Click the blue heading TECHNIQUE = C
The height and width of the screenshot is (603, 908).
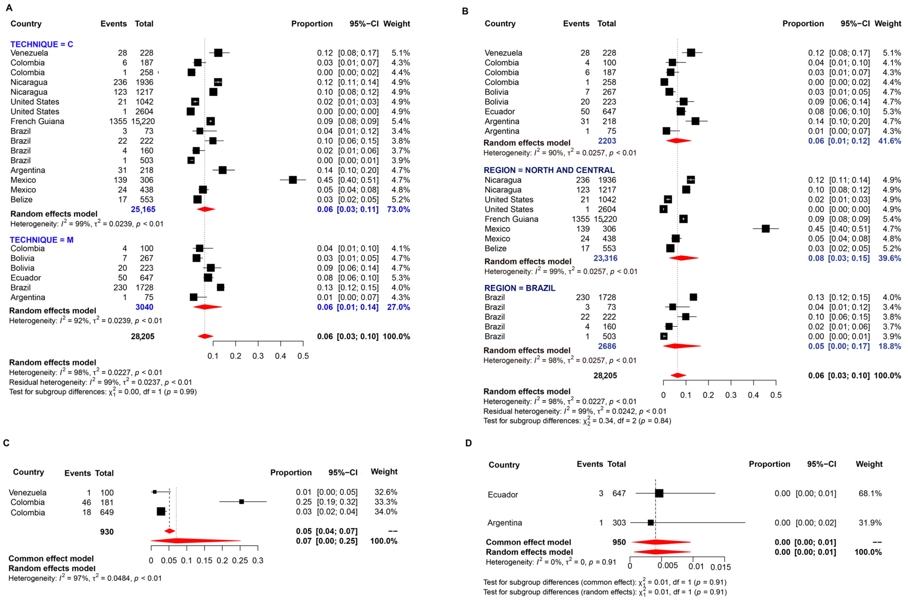(41, 44)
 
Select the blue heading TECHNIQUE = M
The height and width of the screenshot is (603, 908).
(41, 240)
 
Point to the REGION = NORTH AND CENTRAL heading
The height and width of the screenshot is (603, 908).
(549, 170)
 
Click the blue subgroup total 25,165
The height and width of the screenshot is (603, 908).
(143, 209)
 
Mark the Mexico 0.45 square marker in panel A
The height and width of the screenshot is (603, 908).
(293, 180)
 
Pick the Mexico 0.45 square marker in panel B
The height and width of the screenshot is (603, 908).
(765, 229)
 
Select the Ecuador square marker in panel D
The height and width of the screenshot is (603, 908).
(659, 493)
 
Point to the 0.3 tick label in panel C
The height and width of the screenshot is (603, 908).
(258, 561)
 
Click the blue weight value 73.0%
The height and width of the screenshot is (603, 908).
(398, 209)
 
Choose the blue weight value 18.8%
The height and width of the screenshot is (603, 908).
(890, 346)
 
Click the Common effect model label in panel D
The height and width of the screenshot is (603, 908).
(528, 542)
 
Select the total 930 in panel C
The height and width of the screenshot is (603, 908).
(107, 532)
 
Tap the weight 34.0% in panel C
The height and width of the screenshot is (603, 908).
(386, 512)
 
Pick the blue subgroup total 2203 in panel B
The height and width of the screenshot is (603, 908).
(607, 141)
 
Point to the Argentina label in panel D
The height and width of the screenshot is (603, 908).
(504, 523)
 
